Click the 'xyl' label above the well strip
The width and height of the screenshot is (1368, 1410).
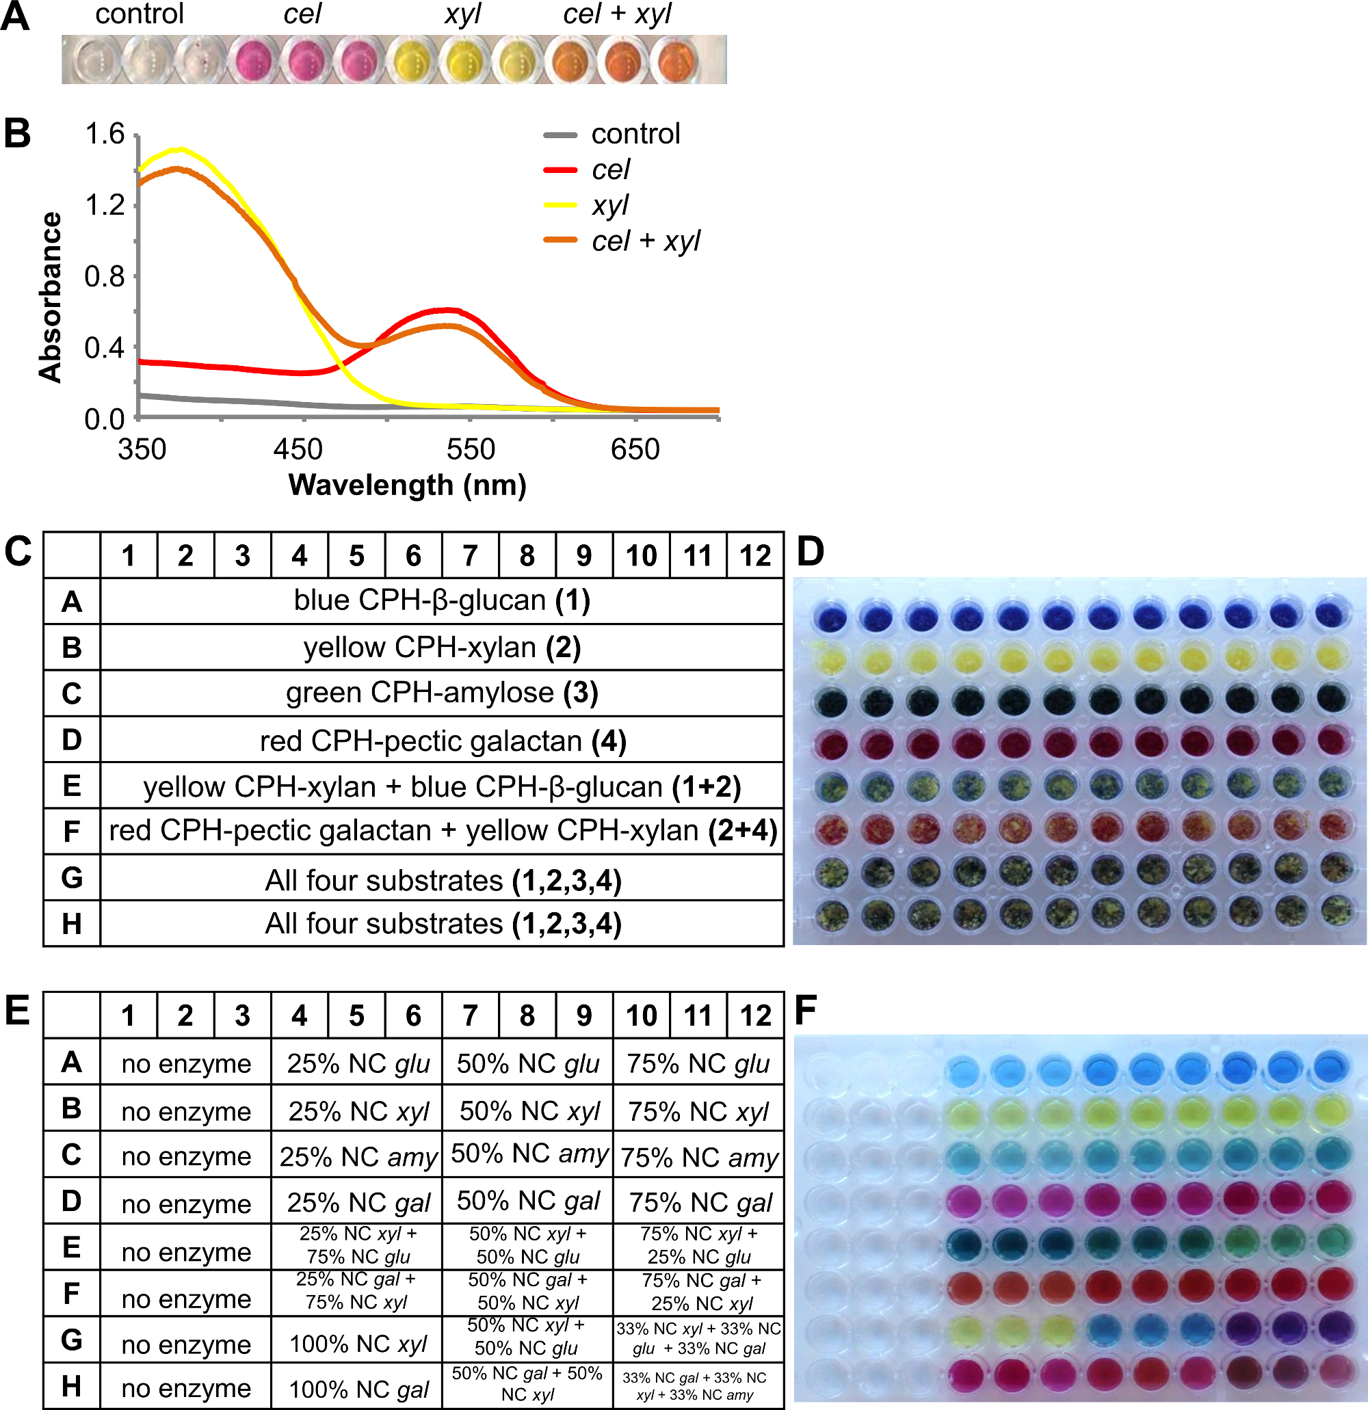pyautogui.click(x=462, y=15)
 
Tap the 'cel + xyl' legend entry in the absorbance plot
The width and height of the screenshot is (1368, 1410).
pyautogui.click(x=645, y=241)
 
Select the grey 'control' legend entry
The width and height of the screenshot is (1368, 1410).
pyautogui.click(x=635, y=135)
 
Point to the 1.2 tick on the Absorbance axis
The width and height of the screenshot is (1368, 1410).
pyautogui.click(x=105, y=206)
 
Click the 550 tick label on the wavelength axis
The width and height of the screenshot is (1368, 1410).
pyautogui.click(x=470, y=450)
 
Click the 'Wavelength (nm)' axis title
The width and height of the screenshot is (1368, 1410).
pyautogui.click(x=407, y=485)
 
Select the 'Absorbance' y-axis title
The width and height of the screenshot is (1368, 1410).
pyautogui.click(x=51, y=296)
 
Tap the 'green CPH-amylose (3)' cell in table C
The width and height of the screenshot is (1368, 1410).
pyautogui.click(x=442, y=693)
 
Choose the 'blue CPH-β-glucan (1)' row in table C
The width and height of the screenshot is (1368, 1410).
pyautogui.click(x=442, y=600)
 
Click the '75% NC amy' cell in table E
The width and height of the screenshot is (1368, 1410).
pyautogui.click(x=699, y=1158)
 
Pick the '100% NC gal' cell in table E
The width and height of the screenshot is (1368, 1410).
pyautogui.click(x=358, y=1389)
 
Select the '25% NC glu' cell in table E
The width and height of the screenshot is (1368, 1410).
pyautogui.click(x=358, y=1063)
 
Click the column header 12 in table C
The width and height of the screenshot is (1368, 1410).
pyautogui.click(x=755, y=556)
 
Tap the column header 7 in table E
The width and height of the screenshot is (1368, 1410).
pyautogui.click(x=470, y=1015)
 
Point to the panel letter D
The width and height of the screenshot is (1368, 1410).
pyautogui.click(x=811, y=553)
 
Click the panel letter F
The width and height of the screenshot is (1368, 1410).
pyautogui.click(x=806, y=1011)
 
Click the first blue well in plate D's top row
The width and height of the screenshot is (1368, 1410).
pyautogui.click(x=832, y=617)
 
